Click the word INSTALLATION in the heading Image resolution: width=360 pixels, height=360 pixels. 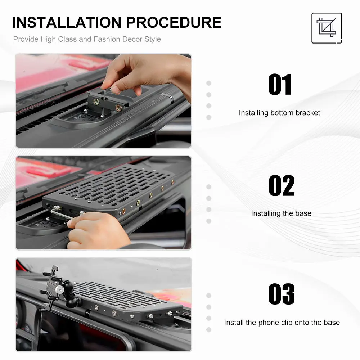click(67, 22)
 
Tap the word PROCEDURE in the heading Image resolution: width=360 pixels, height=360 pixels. click(174, 22)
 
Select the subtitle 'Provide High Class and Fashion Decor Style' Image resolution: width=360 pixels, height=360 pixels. click(87, 39)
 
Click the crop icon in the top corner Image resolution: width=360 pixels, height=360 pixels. click(327, 28)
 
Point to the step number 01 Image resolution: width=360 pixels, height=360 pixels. click(280, 85)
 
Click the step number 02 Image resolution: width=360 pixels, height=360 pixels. click(282, 185)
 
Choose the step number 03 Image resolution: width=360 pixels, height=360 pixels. click(282, 294)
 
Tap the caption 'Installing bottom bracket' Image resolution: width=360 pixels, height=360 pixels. click(279, 113)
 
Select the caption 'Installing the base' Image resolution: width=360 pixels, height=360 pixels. click(281, 213)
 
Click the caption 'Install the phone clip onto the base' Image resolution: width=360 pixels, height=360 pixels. click(282, 322)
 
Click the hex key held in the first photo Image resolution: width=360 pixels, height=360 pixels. click(104, 101)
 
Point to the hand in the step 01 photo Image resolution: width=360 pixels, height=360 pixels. click(147, 73)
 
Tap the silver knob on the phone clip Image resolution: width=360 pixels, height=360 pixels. click(60, 290)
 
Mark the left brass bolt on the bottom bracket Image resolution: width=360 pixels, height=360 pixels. click(96, 102)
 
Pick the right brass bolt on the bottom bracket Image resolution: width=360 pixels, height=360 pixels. click(118, 107)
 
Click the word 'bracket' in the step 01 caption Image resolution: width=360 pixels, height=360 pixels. click(308, 113)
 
